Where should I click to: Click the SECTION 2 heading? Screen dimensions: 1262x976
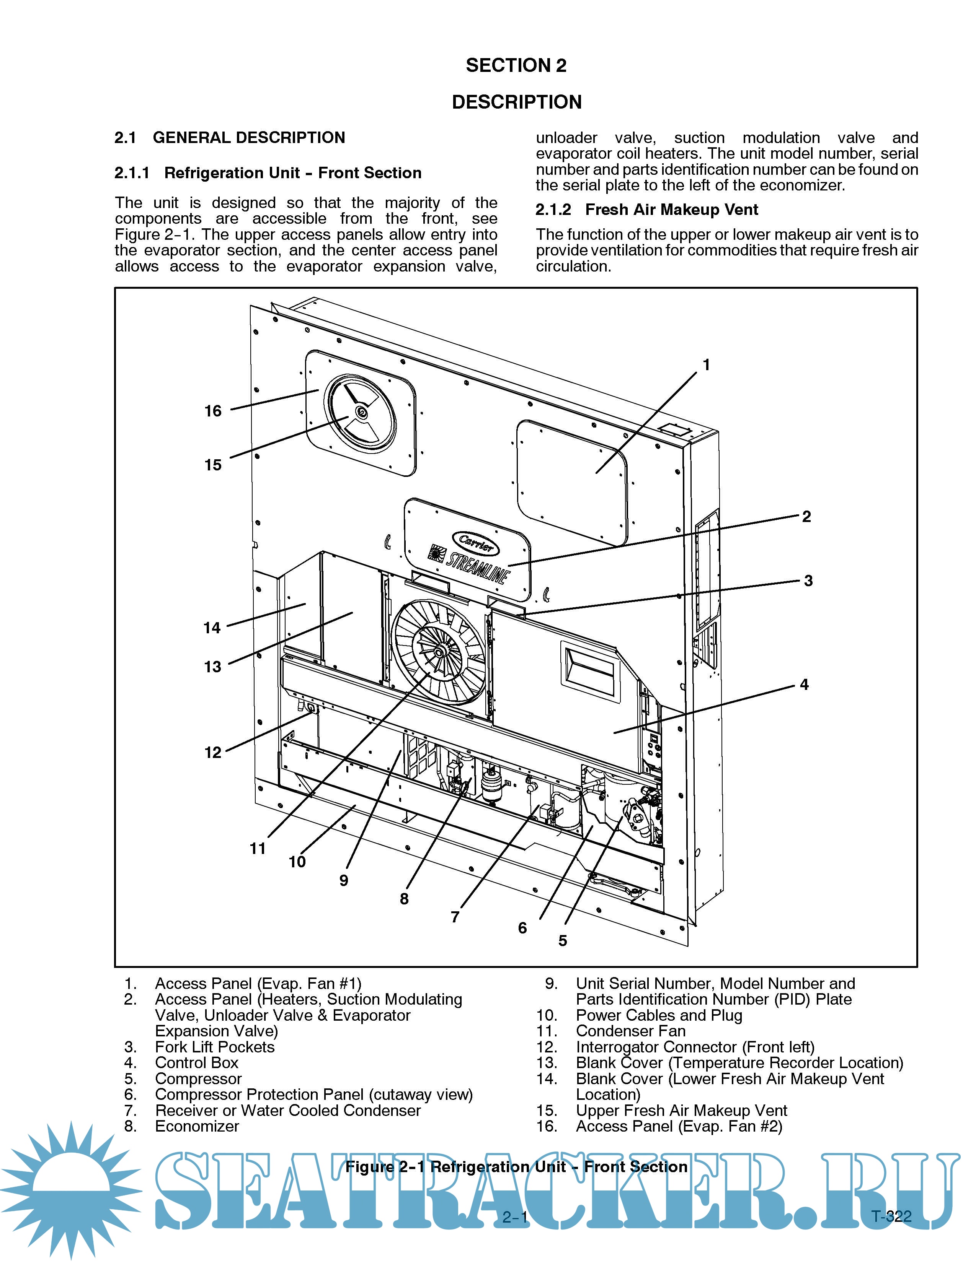(x=516, y=65)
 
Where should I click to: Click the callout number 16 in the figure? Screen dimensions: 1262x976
(x=213, y=411)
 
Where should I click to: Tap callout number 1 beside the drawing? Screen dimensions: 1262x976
(x=706, y=364)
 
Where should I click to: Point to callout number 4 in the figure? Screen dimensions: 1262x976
(x=804, y=685)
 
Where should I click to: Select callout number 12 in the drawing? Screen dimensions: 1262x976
(x=213, y=752)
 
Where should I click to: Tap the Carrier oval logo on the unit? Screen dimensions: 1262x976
(x=477, y=543)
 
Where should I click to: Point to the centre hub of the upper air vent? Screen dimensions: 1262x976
(x=361, y=411)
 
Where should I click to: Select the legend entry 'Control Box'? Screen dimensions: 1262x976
(x=197, y=1063)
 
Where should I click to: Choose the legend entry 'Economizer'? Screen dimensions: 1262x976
(x=197, y=1126)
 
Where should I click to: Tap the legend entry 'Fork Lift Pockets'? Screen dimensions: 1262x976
(x=214, y=1047)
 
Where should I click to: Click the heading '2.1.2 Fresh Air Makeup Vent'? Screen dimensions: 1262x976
(x=646, y=210)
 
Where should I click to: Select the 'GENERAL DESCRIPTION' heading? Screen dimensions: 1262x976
(x=249, y=138)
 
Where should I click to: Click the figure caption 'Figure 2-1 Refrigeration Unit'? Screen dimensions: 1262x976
(x=516, y=1167)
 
